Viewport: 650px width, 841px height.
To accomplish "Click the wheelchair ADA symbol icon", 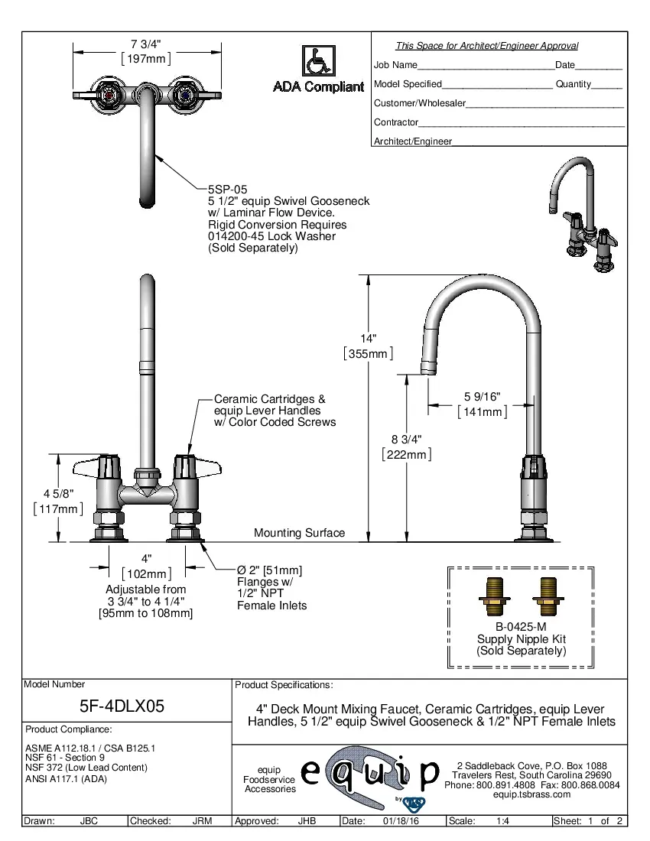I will [x=317, y=61].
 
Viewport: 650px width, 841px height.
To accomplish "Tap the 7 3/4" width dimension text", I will [x=145, y=44].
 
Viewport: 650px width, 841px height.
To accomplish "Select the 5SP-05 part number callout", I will [x=227, y=189].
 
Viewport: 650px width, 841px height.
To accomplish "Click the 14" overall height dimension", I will [x=369, y=339].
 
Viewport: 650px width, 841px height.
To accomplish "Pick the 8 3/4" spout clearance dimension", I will [x=406, y=440].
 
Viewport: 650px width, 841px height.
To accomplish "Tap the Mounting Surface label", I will [x=299, y=533].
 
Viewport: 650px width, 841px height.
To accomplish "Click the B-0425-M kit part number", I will [x=521, y=627].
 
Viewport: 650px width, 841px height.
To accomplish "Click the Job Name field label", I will [x=395, y=65].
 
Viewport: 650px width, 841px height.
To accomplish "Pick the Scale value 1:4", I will [x=503, y=821].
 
